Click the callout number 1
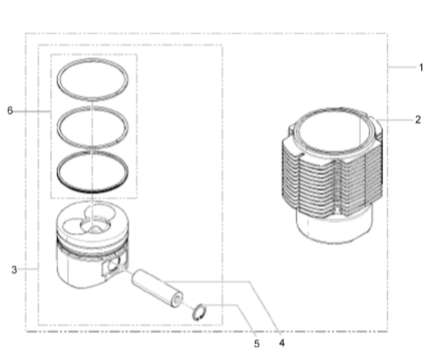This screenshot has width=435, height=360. (x=421, y=67)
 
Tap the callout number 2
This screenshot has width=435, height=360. (x=418, y=119)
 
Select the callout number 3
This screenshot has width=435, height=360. (x=14, y=270)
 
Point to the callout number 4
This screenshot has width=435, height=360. (x=281, y=343)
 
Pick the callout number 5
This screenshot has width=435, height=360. (x=257, y=344)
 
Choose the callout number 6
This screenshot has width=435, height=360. (x=10, y=111)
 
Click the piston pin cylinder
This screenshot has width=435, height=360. (x=157, y=288)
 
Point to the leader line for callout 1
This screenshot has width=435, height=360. (x=401, y=67)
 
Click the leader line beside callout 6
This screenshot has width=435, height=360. (x=32, y=112)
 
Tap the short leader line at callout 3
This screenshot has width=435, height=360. (x=29, y=269)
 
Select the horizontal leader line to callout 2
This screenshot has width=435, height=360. (x=395, y=120)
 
